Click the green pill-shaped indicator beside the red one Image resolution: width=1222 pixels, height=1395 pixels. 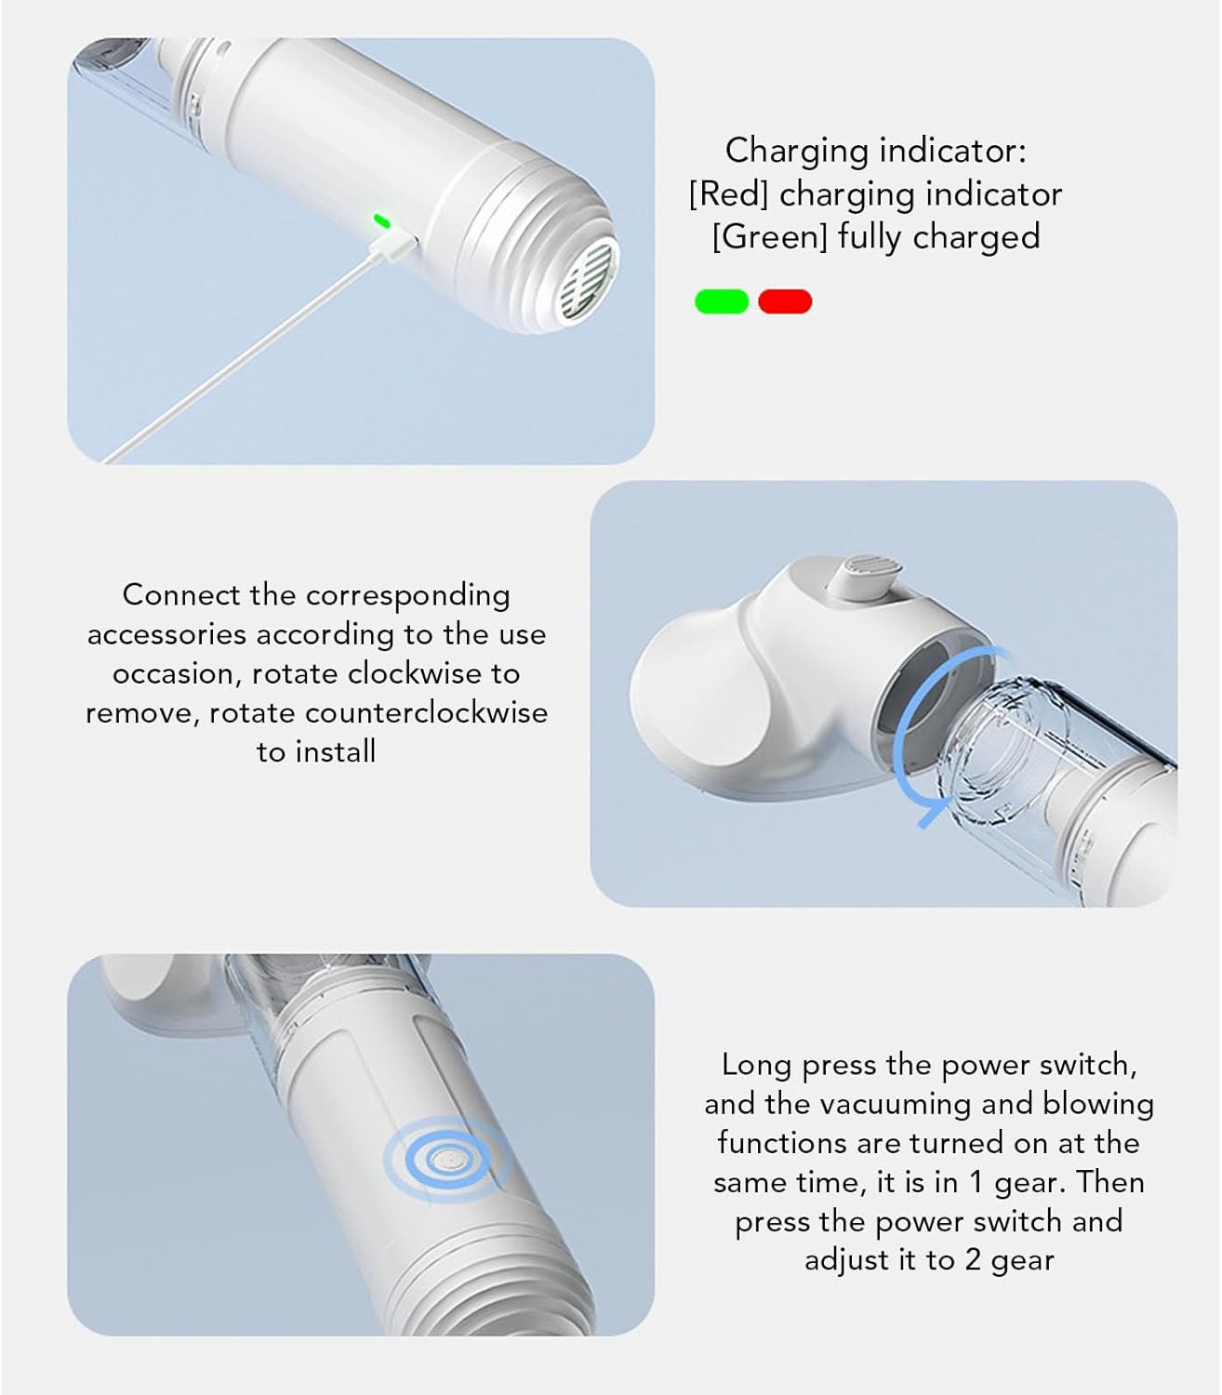721,301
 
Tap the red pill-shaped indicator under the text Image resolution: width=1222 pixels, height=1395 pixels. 785,301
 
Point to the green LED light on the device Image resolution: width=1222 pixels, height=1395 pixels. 380,221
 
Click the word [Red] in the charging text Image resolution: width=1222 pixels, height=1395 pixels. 728,194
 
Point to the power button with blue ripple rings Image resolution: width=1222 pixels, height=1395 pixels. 447,1159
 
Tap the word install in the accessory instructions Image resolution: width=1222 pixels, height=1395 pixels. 339,752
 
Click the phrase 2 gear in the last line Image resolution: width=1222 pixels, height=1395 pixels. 1008,1261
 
